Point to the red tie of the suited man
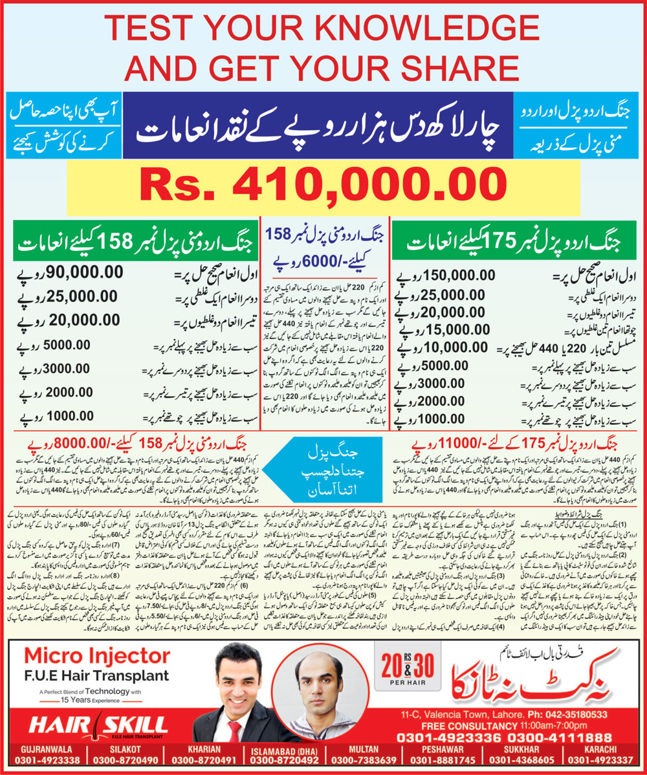click(x=234, y=731)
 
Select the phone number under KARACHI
click(x=603, y=761)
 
